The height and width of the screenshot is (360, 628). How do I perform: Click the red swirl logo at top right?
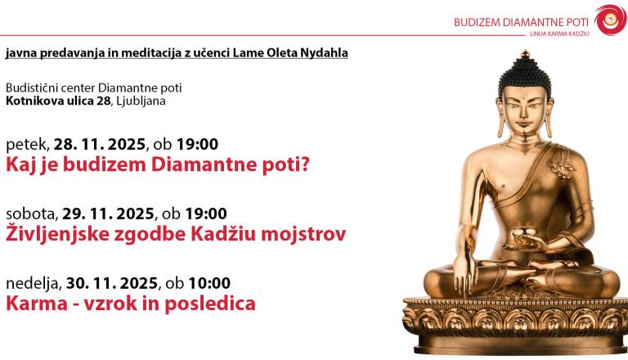pos(610,20)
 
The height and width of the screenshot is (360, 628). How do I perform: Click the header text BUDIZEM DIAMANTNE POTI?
pos(522,22)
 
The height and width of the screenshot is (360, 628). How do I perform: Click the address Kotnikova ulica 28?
pos(56,101)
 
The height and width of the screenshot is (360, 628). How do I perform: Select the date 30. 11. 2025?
pos(112,283)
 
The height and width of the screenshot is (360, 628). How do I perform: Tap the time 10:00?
pos(209,283)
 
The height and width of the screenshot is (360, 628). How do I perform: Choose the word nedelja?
pos(34,283)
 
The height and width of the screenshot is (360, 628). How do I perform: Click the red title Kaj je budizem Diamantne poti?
pos(158,165)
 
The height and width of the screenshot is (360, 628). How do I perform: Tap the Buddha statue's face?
pos(524,110)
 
